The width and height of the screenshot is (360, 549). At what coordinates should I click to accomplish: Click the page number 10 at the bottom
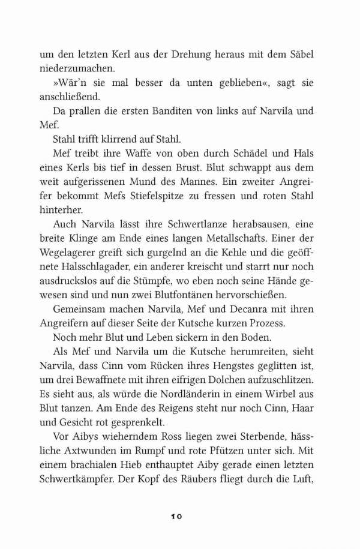[x=180, y=515]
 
